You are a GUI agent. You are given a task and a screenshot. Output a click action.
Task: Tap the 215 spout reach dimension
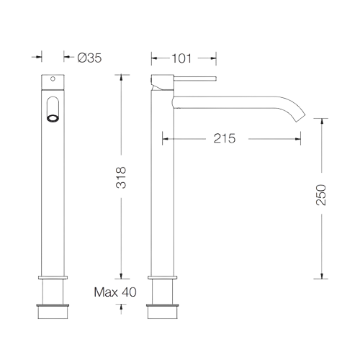[225, 138]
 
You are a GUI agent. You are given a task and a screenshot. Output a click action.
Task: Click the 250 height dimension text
[322, 195]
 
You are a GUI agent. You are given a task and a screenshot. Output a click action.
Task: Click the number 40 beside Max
[129, 292]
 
